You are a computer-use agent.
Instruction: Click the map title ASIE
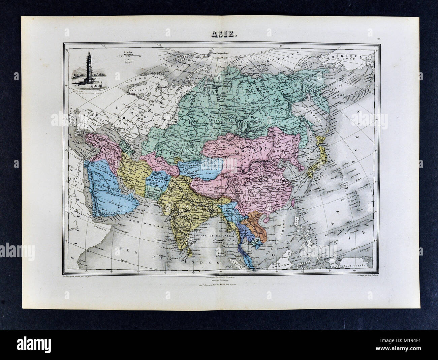(219, 34)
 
